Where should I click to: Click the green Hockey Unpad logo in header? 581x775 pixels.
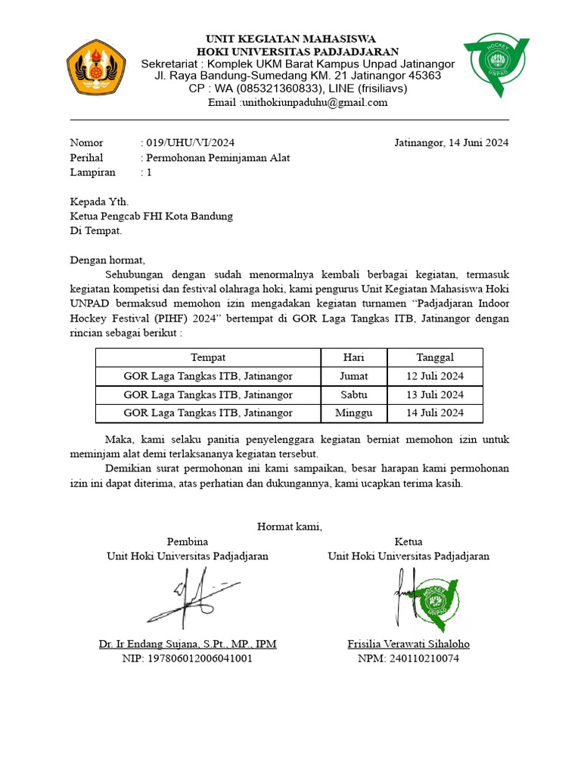tap(497, 65)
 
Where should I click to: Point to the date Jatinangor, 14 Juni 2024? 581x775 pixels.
tap(452, 142)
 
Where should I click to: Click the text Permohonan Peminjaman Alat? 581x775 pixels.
tap(218, 157)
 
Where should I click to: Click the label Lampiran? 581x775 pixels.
tap(93, 172)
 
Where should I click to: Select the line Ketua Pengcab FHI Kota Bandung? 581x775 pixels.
tap(151, 216)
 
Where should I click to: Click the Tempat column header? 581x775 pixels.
tap(208, 357)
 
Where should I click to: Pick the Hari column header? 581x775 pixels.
tap(354, 357)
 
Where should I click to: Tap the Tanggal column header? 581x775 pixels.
tap(435, 357)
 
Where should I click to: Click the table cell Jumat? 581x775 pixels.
tap(354, 375)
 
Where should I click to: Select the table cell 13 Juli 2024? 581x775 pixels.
tap(435, 394)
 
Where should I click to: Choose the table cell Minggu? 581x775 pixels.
tap(354, 413)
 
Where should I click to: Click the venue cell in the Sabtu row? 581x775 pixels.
tap(208, 394)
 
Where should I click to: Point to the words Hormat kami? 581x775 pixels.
tap(290, 526)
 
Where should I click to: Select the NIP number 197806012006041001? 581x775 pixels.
tap(187, 658)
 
